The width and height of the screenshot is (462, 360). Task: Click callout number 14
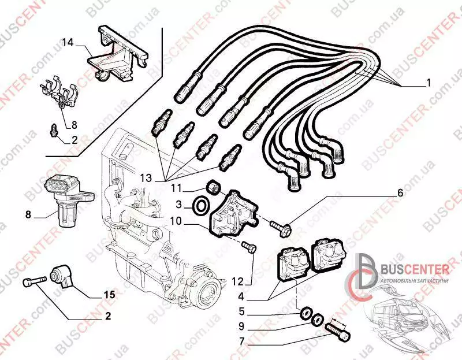(68, 42)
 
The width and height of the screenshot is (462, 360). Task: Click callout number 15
(109, 295)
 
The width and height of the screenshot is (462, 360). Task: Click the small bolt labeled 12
(249, 248)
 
